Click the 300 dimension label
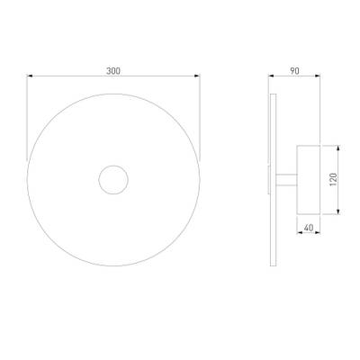tap(113, 71)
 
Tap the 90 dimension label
tap(294, 71)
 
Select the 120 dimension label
tap(333, 179)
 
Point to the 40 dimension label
tap(309, 228)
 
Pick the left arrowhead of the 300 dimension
tap(30, 76)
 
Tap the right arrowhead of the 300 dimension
tap(197, 76)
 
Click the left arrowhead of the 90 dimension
tap(271, 76)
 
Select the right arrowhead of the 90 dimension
tap(317, 76)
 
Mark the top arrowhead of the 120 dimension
tap(338, 148)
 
